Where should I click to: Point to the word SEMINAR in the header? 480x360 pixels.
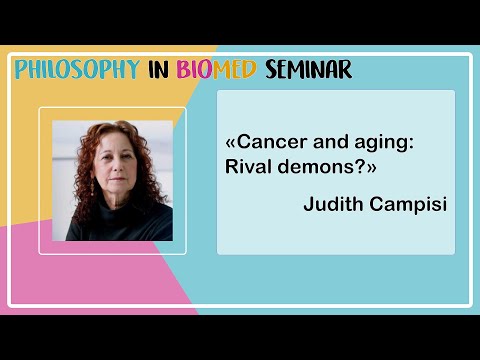[x=309, y=70]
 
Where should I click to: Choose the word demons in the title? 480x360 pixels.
[x=322, y=167]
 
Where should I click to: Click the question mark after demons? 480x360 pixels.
[x=358, y=167]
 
